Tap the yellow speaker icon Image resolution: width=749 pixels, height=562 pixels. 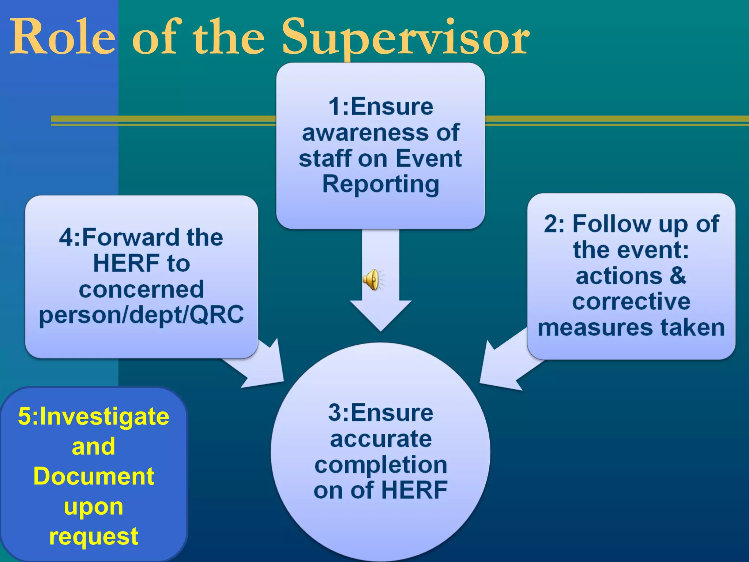tap(372, 280)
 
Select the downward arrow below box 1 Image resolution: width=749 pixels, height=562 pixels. tap(381, 293)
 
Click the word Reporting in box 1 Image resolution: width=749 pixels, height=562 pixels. tap(380, 184)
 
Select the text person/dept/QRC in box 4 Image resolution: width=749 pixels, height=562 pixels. tap(141, 315)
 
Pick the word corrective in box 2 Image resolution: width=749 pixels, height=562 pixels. tap(631, 301)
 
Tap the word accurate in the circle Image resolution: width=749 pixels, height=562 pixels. tap(381, 439)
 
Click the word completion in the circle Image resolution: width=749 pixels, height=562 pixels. tap(381, 465)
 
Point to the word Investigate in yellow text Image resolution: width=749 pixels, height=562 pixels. tap(104, 416)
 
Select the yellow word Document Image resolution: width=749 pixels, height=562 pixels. tap(94, 476)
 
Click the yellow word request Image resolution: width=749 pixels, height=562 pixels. tap(94, 536)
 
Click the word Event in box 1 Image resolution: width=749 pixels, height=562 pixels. tap(429, 158)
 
